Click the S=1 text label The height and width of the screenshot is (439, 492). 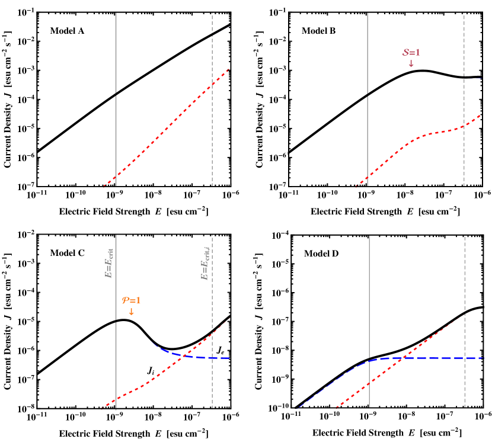[x=411, y=52]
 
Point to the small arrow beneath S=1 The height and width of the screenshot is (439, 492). [x=411, y=63]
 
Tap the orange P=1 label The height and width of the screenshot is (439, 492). [x=131, y=300]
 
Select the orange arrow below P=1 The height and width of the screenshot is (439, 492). [x=131, y=312]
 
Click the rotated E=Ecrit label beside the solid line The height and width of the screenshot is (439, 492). [x=109, y=263]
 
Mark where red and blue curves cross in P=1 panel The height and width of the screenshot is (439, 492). [x=186, y=355]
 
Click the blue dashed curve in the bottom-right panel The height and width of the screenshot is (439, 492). [x=439, y=358]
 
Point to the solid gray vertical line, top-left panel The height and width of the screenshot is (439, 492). [x=116, y=53]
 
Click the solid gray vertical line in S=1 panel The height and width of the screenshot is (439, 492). [x=368, y=53]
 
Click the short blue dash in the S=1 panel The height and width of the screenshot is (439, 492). [x=475, y=78]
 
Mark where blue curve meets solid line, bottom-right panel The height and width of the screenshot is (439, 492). [x=369, y=360]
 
